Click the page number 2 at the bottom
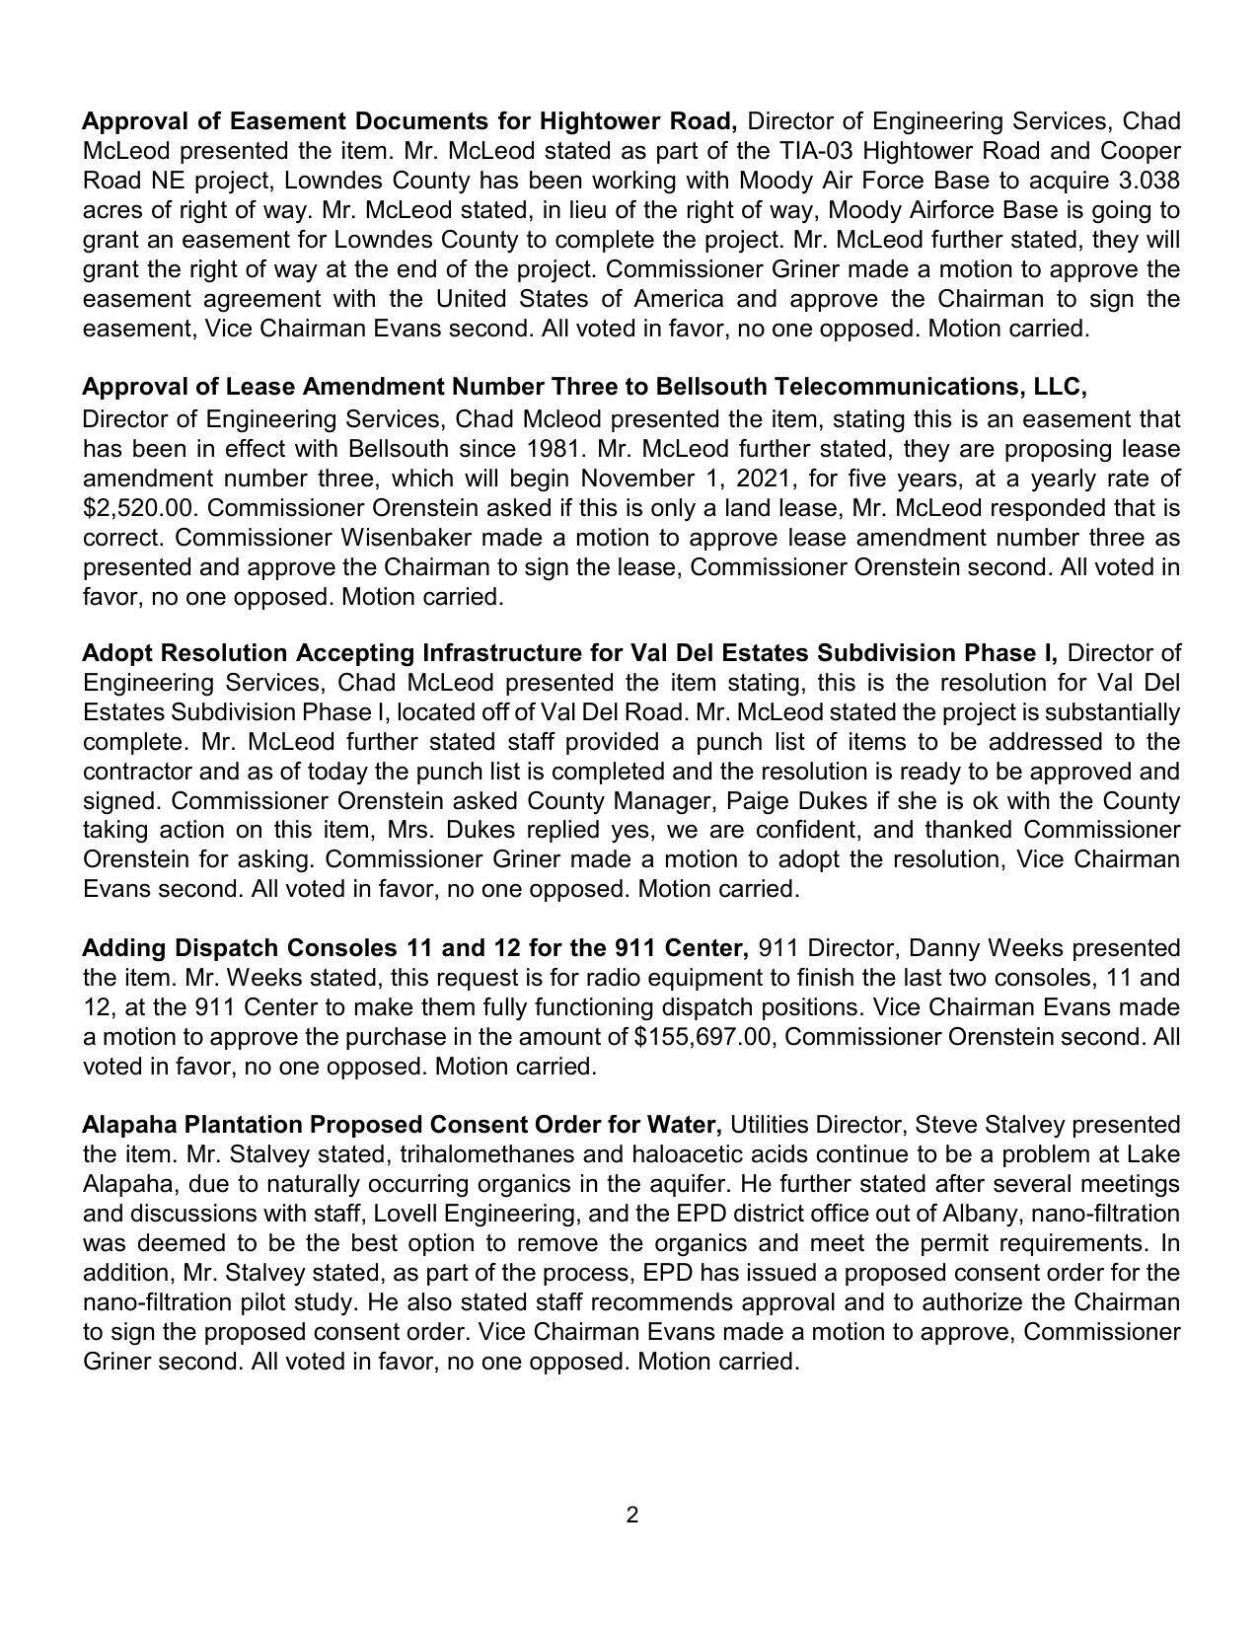(x=631, y=1516)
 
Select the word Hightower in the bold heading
(x=601, y=121)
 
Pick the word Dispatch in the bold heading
(x=227, y=948)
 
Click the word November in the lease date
(x=634, y=479)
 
